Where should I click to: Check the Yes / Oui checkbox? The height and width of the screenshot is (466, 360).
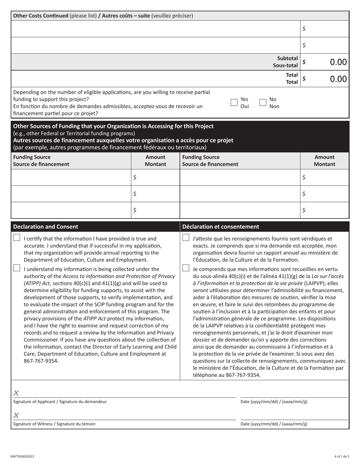234,102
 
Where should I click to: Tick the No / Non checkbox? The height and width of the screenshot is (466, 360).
263,102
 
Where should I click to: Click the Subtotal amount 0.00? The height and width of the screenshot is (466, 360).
338,62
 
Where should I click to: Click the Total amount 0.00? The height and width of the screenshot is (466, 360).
338,79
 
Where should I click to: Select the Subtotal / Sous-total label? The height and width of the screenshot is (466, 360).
287,62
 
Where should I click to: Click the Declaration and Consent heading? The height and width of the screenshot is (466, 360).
45,227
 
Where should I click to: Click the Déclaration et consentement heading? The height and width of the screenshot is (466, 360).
221,227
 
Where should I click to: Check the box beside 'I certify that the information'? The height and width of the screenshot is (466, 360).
17,238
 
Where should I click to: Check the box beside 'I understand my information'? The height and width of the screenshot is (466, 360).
17,268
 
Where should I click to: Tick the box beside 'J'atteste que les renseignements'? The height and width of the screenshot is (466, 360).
186,238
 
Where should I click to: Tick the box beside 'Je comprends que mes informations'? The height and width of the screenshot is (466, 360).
186,268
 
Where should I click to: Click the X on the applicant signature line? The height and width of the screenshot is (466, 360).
16,393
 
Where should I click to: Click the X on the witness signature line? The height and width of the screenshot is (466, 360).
16,416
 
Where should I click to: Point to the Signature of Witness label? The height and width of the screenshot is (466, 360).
54,424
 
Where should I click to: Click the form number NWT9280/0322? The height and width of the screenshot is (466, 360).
22,457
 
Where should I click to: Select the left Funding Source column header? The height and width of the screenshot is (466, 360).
41,161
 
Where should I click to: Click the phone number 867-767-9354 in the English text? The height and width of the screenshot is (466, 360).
41,361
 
